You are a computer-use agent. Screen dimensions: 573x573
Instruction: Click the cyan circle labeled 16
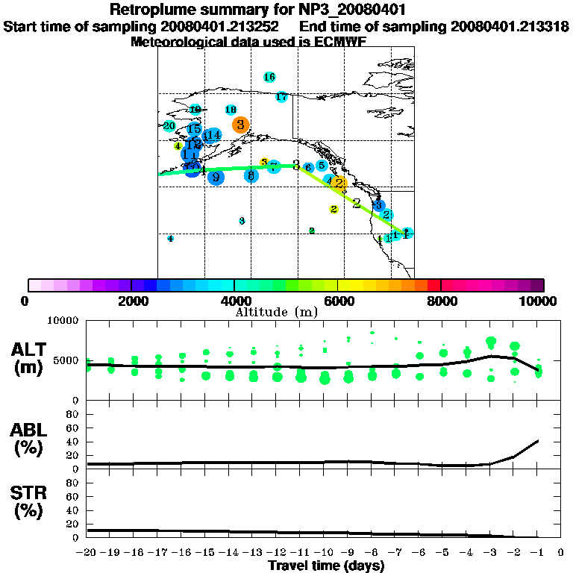tap(269, 77)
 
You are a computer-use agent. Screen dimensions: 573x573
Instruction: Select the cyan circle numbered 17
tap(281, 97)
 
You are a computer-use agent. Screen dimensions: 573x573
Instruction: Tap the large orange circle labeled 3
tap(240, 125)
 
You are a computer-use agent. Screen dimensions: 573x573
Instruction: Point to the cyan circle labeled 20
tap(169, 126)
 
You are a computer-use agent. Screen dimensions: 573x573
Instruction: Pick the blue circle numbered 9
tap(216, 178)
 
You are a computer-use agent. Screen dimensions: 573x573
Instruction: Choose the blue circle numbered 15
tap(194, 129)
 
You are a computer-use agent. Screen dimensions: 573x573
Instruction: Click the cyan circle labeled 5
tap(322, 166)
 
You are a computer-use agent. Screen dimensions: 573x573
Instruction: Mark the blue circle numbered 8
tap(251, 175)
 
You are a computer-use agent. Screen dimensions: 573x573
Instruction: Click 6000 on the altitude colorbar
tap(337, 301)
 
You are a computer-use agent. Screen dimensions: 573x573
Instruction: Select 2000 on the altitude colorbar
tap(131, 301)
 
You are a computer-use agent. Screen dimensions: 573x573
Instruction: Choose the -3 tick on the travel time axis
tap(489, 554)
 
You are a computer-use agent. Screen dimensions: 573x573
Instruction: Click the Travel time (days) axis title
tap(326, 566)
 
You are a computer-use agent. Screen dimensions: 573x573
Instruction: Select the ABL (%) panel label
tap(30, 439)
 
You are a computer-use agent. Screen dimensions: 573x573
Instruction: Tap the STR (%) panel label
tap(30, 502)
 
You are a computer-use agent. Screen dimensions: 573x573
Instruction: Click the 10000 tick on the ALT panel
tap(63, 321)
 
